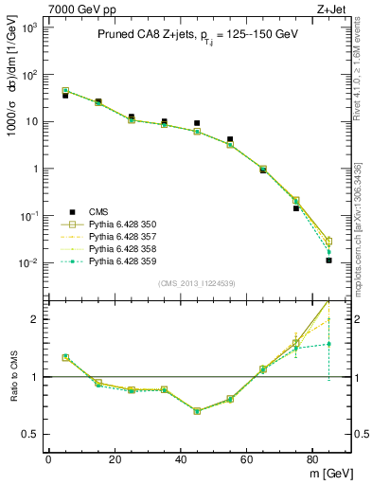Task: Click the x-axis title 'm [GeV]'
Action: [328, 473]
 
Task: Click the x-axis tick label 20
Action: [115, 459]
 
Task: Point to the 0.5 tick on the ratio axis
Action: [30, 435]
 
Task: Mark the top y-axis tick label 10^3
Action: [28, 27]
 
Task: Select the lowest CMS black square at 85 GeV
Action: [328, 260]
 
